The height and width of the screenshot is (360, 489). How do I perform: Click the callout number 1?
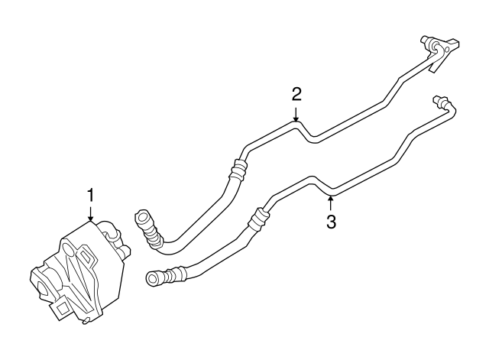point(91,196)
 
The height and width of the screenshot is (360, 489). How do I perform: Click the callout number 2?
point(296,94)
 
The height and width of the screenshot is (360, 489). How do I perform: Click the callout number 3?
point(330,222)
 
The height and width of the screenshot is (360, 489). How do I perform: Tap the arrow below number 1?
point(91,215)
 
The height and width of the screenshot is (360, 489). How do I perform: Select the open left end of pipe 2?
point(140,218)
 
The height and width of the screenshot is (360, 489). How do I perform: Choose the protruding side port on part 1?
point(122,245)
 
